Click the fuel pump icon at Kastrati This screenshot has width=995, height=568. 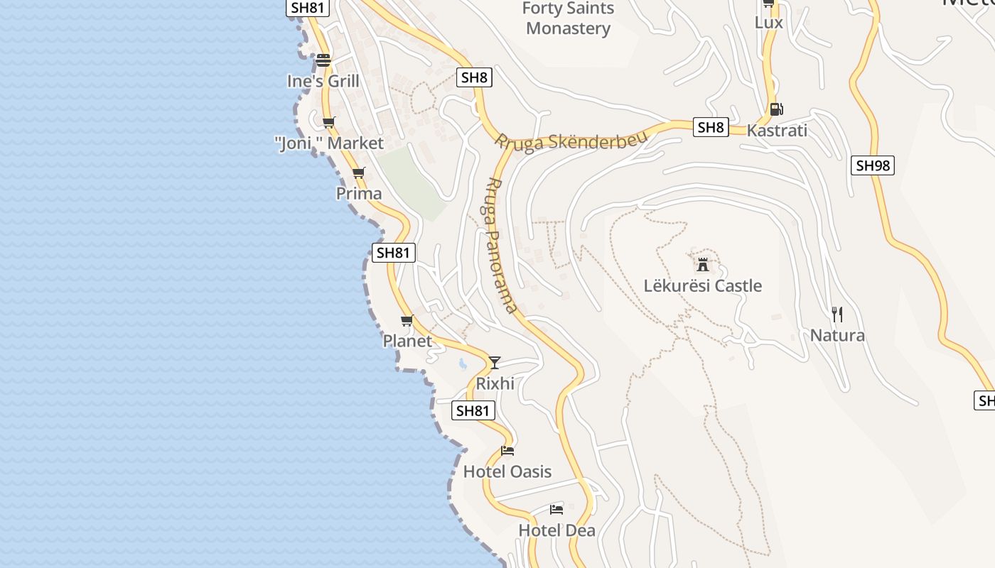pyautogui.click(x=776, y=109)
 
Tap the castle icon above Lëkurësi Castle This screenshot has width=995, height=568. pyautogui.click(x=703, y=265)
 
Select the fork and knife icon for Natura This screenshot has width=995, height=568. pyautogui.click(x=837, y=314)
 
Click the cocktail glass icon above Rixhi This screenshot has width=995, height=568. pyautogui.click(x=495, y=362)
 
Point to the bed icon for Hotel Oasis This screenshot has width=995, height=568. pyautogui.click(x=507, y=450)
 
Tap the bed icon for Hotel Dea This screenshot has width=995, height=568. pyautogui.click(x=556, y=509)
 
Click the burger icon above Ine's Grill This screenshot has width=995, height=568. pyautogui.click(x=323, y=60)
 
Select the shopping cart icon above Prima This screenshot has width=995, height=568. pyautogui.click(x=359, y=173)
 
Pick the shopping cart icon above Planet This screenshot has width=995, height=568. pyautogui.click(x=407, y=321)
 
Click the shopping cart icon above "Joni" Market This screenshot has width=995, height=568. pyautogui.click(x=328, y=122)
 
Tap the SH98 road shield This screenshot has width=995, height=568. pyautogui.click(x=872, y=165)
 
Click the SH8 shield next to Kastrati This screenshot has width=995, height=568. pyautogui.click(x=711, y=127)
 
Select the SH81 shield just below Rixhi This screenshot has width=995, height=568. pyautogui.click(x=473, y=410)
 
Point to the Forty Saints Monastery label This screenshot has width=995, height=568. pyautogui.click(x=568, y=18)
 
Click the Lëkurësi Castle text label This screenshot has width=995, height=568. pyautogui.click(x=703, y=285)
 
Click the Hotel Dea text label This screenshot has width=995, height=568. pyautogui.click(x=556, y=530)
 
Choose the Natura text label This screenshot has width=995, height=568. pyautogui.click(x=837, y=335)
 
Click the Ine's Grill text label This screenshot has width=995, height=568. pyautogui.click(x=323, y=81)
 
